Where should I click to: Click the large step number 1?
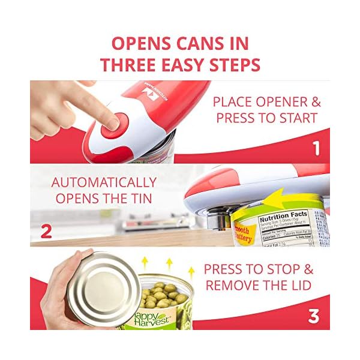click(316, 148)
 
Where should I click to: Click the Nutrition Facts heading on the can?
click(283, 214)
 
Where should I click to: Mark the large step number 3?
click(314, 316)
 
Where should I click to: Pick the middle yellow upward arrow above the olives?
click(169, 263)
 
